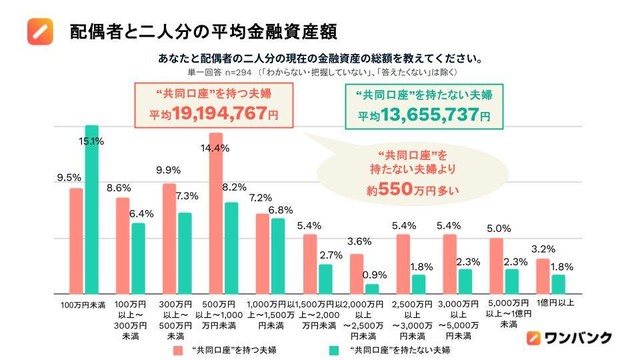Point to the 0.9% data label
click(375, 275)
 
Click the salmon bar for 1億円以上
click(542, 276)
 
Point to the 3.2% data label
click(544, 248)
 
